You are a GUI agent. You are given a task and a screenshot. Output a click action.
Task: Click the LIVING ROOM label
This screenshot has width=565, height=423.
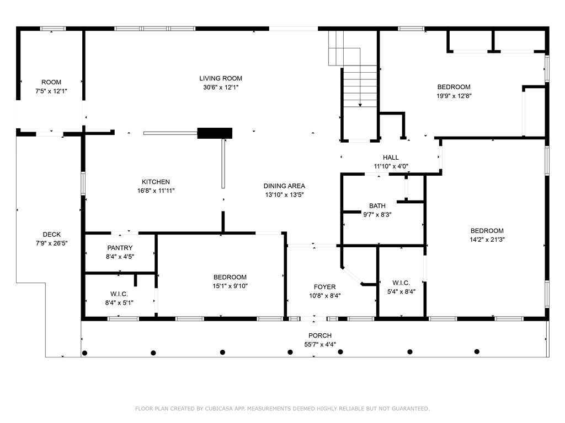(x=221, y=78)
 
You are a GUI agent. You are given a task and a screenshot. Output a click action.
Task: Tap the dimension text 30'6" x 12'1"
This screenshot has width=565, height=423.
(x=221, y=87)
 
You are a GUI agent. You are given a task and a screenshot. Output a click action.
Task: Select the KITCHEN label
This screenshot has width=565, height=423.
(x=156, y=182)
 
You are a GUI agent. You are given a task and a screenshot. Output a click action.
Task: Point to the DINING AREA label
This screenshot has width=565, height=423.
(x=284, y=186)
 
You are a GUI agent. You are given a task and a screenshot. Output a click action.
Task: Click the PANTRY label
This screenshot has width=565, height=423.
(x=120, y=248)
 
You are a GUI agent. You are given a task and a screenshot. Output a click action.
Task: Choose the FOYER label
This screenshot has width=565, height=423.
(x=324, y=287)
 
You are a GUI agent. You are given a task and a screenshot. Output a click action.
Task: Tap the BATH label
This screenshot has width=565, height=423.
(x=377, y=205)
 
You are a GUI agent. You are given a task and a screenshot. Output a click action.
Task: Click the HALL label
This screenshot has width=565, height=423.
(x=391, y=158)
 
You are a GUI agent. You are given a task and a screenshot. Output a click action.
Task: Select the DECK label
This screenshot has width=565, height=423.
(x=52, y=234)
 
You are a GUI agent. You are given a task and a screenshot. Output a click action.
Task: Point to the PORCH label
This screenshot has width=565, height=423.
(x=320, y=335)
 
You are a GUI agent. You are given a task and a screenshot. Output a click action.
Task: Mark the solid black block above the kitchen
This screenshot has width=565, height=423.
(x=215, y=133)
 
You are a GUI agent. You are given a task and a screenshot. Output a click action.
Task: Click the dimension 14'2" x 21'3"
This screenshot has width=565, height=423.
(x=487, y=240)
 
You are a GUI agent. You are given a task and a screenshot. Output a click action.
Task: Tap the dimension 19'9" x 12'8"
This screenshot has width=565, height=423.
(x=454, y=95)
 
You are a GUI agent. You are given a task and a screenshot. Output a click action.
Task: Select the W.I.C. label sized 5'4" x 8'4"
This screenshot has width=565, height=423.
(x=401, y=283)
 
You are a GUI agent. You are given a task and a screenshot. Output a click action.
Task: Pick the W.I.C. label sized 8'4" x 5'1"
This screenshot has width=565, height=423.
(x=120, y=293)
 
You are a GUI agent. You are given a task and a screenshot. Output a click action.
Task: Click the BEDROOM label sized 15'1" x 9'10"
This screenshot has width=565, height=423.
(x=230, y=277)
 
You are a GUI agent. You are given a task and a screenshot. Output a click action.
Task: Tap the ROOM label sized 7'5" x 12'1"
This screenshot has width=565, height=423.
(x=51, y=82)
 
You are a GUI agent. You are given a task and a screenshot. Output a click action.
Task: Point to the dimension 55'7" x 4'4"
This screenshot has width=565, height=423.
(x=320, y=344)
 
